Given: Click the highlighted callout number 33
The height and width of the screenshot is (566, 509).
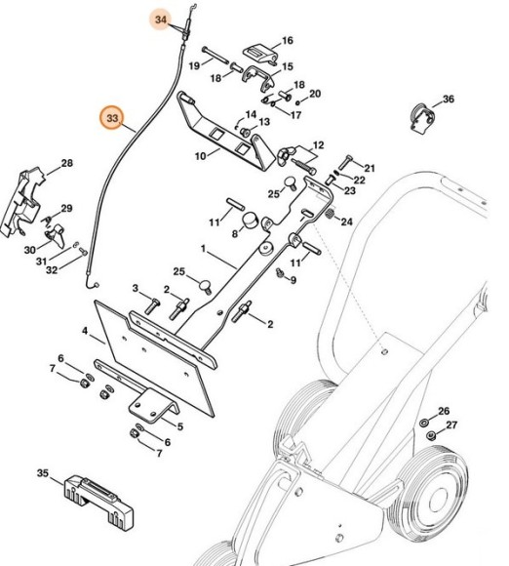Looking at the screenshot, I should click(x=113, y=119).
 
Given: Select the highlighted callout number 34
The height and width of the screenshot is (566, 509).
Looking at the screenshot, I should click(x=161, y=20).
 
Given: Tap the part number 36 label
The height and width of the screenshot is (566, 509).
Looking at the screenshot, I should click(x=449, y=100).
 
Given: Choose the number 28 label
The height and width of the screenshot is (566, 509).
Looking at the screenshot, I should click(x=67, y=163).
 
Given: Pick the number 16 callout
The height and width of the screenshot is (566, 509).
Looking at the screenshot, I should click(x=287, y=41).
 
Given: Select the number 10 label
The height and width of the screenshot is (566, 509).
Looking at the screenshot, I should click(x=200, y=155).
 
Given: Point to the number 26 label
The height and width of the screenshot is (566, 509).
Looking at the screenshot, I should click(x=444, y=411).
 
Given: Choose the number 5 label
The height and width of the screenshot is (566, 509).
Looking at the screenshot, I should click(x=178, y=425).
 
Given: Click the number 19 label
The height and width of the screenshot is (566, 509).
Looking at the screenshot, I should click(x=194, y=65).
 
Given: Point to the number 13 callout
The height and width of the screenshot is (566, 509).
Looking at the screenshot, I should click(x=263, y=122).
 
